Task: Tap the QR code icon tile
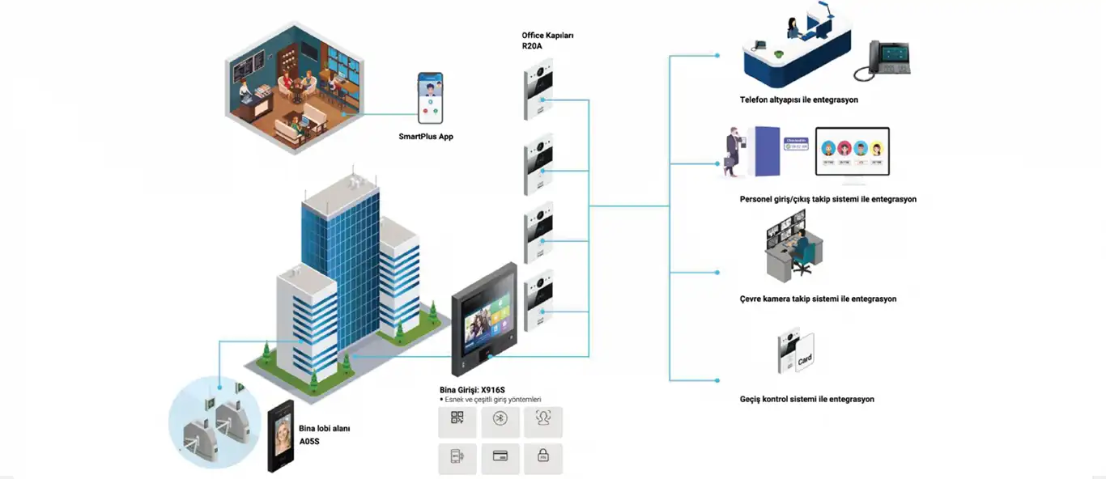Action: tap(457, 422)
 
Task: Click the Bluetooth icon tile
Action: tap(500, 422)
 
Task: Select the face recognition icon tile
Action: tap(543, 422)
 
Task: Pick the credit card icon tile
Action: tap(500, 459)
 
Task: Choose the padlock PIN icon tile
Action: tap(543, 459)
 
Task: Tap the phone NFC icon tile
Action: tap(457, 459)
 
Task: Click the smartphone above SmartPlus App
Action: tap(430, 97)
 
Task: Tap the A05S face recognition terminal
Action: tap(281, 436)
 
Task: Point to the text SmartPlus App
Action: tap(426, 137)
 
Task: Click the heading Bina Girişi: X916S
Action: tap(478, 390)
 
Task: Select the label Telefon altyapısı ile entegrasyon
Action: tap(798, 100)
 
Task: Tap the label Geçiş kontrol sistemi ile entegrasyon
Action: tap(806, 399)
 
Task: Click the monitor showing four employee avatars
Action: tap(852, 152)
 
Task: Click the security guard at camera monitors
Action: tap(798, 247)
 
